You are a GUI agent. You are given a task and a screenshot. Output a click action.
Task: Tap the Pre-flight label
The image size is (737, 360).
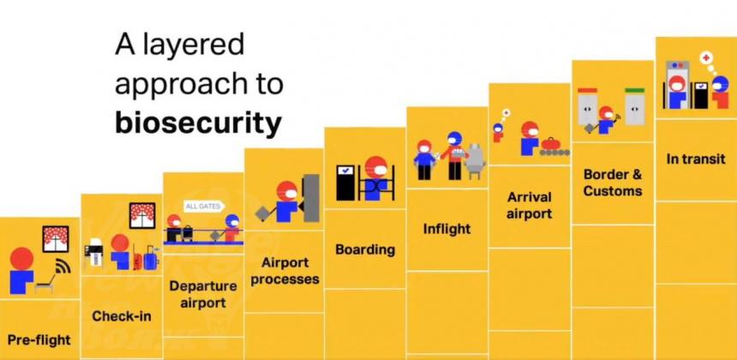coord(39,339)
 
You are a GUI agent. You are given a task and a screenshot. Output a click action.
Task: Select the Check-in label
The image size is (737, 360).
coord(122,316)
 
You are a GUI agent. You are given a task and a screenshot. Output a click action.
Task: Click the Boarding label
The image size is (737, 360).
coord(365,249)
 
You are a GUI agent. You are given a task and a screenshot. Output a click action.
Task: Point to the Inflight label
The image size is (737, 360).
coord(446,229)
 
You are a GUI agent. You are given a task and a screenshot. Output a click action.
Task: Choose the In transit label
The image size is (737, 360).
coord(696,159)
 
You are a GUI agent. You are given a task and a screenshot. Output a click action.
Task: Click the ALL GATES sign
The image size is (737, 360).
coord(203,207)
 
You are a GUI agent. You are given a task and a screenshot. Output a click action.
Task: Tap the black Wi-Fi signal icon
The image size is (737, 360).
coord(63,267)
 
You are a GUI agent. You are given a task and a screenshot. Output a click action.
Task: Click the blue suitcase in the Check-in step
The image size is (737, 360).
coord(152,259)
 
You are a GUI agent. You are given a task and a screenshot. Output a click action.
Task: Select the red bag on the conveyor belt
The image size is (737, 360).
coord(548,143)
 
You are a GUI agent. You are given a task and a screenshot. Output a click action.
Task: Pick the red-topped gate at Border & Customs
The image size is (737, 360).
coord(587,106)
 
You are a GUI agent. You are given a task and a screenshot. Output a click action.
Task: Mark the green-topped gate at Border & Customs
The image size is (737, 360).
coord(635,106)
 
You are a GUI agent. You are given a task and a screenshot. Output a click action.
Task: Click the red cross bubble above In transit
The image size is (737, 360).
coord(706,58)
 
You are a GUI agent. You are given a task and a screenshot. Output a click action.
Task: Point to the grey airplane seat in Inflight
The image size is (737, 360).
coord(475,159)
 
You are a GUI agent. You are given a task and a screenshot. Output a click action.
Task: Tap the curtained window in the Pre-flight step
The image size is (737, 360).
coord(56,239)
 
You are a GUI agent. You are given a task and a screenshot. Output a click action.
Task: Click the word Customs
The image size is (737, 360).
coord(613,191)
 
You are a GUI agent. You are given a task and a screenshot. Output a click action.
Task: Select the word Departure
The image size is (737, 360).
coord(203,286)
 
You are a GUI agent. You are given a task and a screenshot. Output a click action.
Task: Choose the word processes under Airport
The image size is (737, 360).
coord(285,279)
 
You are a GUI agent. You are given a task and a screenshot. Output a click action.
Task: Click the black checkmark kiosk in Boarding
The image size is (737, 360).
coord(345,183)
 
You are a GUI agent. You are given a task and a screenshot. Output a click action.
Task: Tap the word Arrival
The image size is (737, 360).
coord(530,197)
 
